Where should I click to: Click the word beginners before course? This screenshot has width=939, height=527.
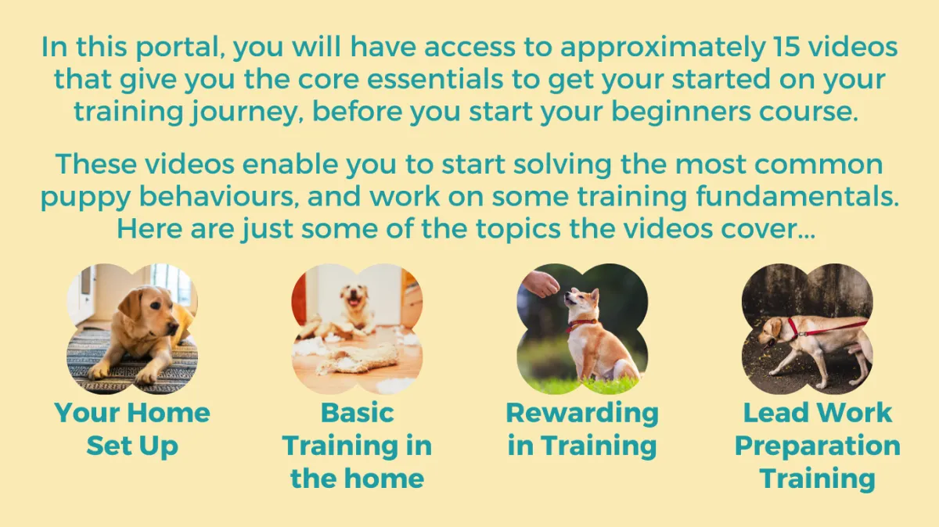[x=681, y=113]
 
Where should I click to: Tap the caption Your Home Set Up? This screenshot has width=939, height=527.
[x=132, y=429]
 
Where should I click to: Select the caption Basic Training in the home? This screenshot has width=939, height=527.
[x=357, y=446]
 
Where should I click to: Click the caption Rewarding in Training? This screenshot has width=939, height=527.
[x=582, y=430]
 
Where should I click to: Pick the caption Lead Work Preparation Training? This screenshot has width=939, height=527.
[x=818, y=446]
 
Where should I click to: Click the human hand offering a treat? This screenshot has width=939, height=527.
[x=541, y=283]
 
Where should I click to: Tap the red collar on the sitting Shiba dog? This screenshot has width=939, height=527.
[x=581, y=324]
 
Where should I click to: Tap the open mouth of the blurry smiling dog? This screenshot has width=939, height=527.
[x=355, y=303]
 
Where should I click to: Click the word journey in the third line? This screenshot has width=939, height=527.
[x=244, y=113]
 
